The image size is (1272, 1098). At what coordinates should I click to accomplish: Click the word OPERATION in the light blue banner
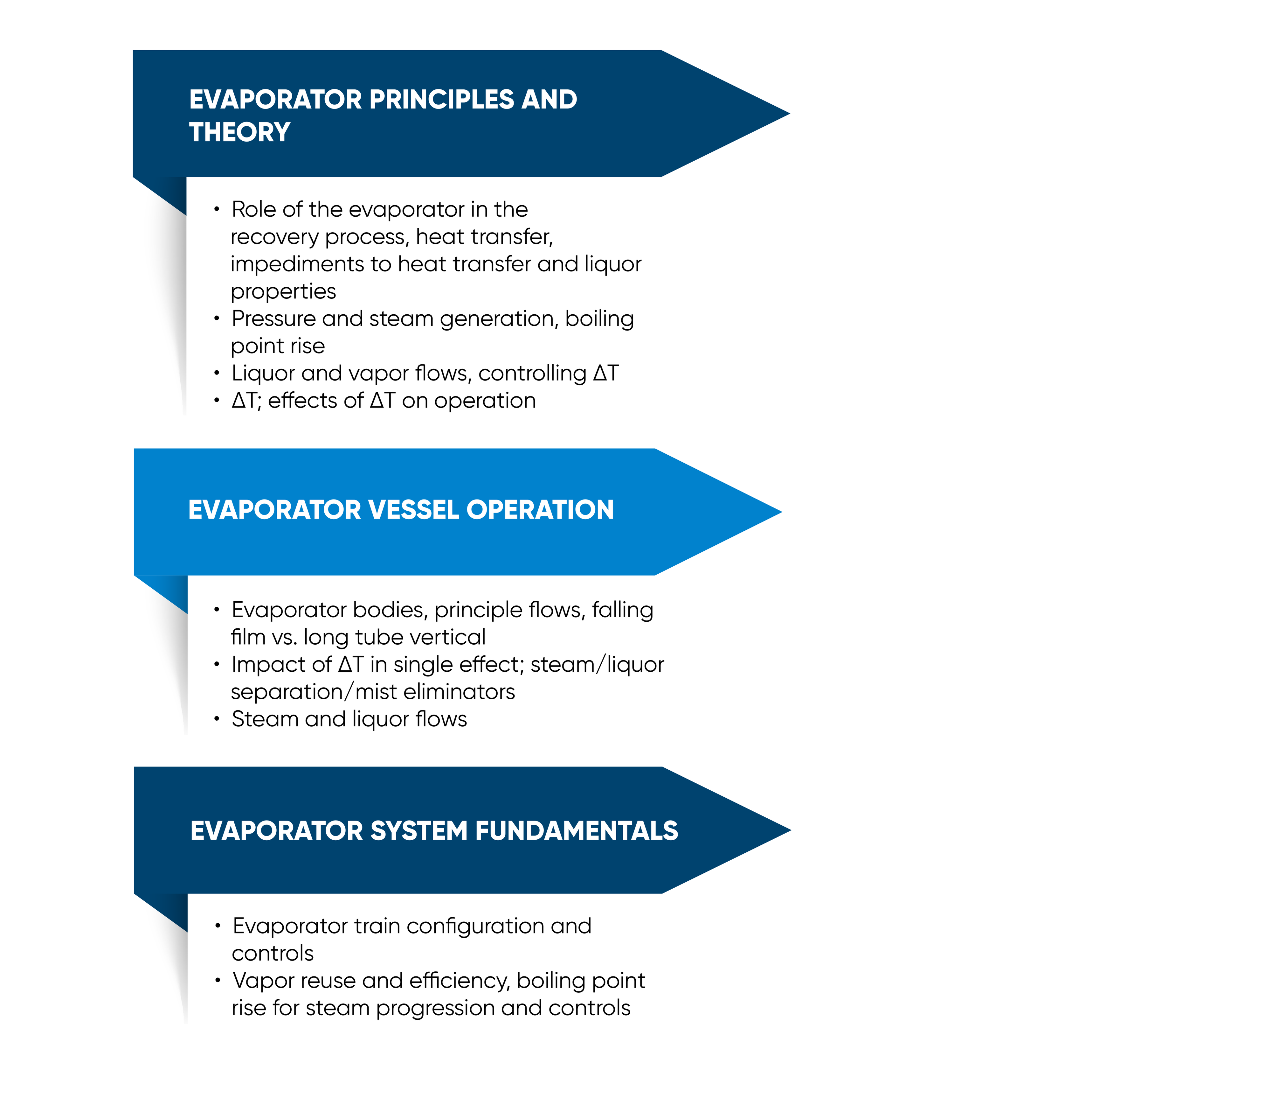click(x=540, y=510)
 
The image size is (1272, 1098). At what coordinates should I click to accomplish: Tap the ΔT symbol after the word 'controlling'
click(x=606, y=373)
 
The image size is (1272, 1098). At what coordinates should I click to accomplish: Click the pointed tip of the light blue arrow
click(x=782, y=512)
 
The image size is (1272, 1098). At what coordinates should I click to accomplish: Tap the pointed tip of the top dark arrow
click(x=790, y=114)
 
